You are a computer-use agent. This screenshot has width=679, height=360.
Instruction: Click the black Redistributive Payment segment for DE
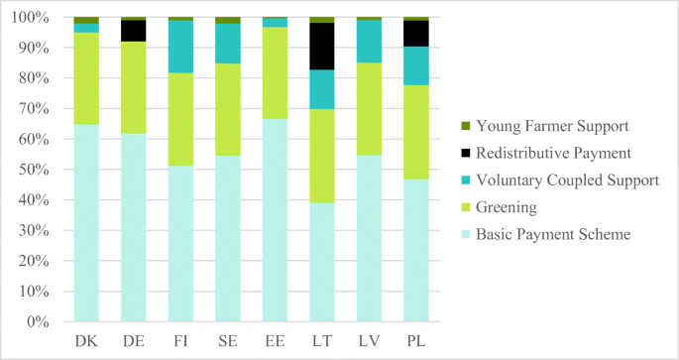(133, 31)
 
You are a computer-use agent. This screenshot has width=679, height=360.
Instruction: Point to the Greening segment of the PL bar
(415, 132)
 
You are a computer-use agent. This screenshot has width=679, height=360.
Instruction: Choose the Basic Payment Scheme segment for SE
(227, 238)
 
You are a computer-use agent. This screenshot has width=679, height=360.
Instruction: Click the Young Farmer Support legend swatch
(466, 126)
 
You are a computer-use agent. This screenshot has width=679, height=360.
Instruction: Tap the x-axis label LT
(321, 340)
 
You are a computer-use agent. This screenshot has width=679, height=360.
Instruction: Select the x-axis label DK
(86, 340)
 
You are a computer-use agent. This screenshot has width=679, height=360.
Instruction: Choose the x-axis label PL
(415, 340)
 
